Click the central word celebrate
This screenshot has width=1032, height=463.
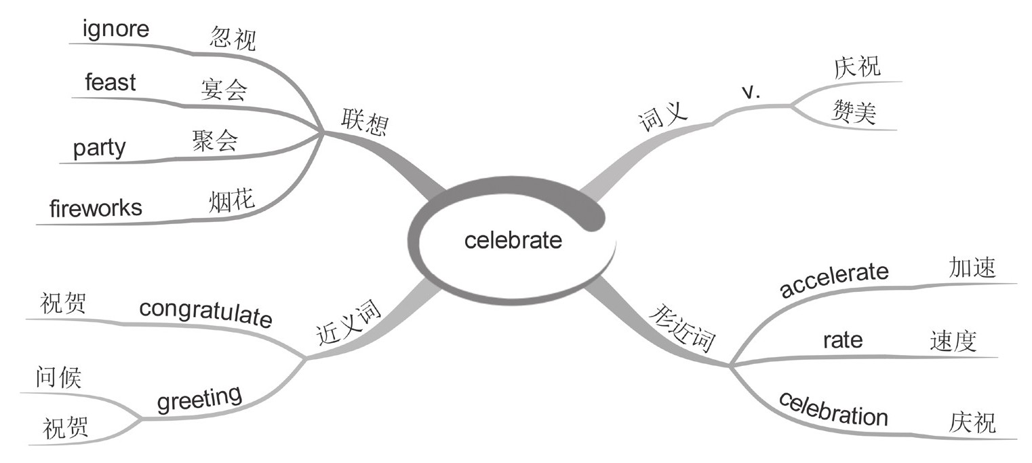coord(513,240)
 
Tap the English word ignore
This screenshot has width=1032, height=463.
coord(115,30)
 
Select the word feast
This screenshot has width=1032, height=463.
coord(111,83)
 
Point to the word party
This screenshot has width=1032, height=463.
coord(100,147)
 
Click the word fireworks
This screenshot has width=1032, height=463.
coord(96,208)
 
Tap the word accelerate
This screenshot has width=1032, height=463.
coord(834,279)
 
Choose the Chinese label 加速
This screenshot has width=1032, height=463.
coord(972,268)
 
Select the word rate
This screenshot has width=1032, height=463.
coord(843,339)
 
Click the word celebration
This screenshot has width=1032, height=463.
coord(833,408)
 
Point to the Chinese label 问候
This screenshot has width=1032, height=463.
coord(58,377)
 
